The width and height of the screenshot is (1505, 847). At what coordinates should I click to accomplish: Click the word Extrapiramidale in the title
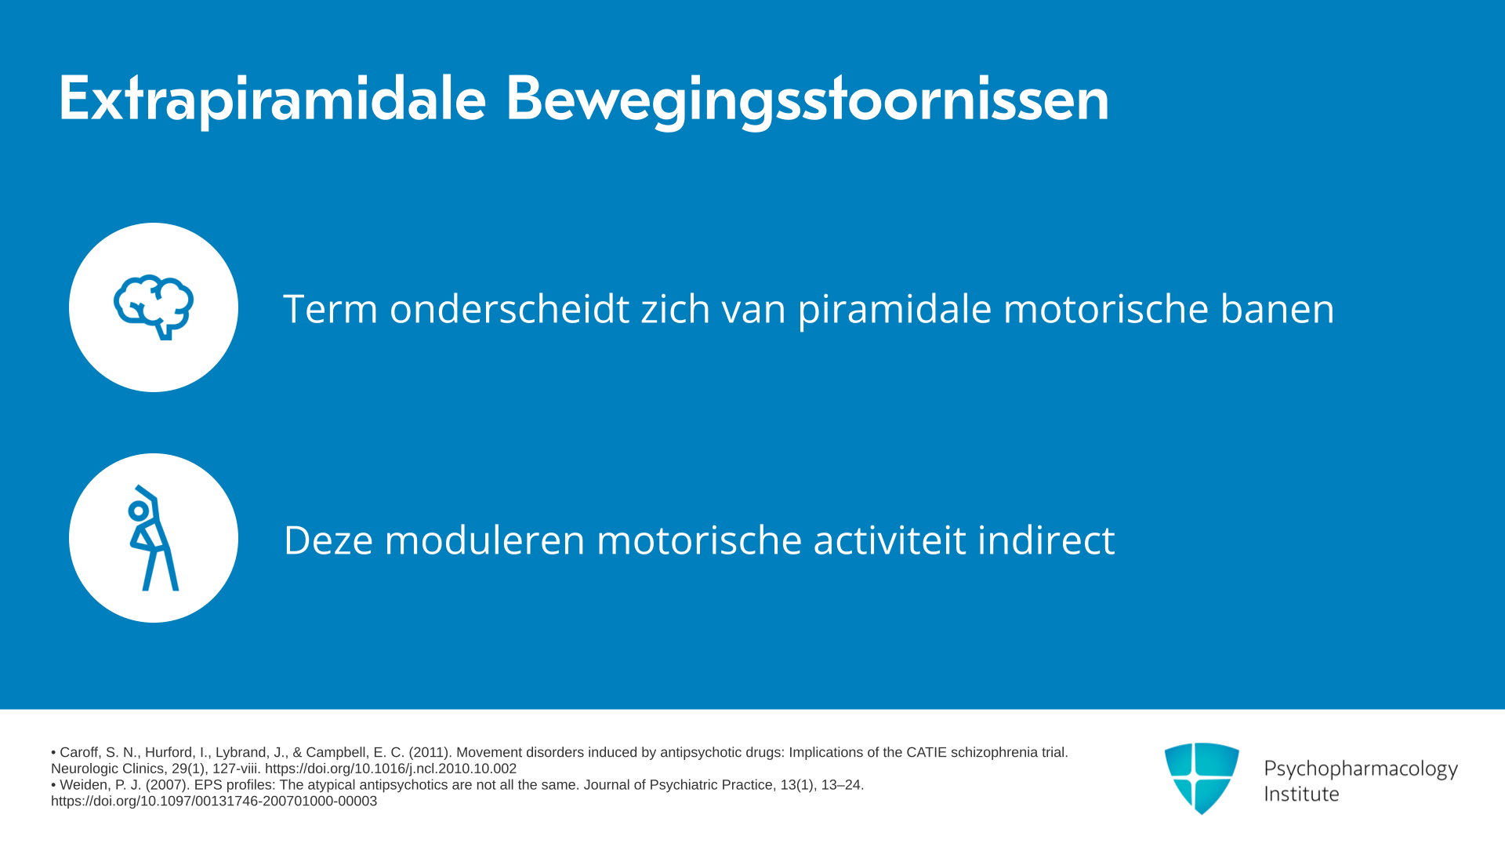(272, 100)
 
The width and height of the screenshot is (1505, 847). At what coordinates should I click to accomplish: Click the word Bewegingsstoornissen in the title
(807, 100)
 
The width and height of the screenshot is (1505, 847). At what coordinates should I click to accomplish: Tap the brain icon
(154, 307)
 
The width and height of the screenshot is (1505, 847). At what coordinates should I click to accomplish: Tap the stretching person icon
(154, 538)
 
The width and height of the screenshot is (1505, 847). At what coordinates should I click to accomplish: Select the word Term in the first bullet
(331, 308)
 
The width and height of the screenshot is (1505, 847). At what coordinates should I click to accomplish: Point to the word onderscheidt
(510, 308)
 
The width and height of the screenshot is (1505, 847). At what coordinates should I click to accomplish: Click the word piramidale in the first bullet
(894, 309)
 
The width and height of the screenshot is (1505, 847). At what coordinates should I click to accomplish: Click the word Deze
(328, 540)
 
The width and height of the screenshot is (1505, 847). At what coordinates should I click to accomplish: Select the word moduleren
(484, 540)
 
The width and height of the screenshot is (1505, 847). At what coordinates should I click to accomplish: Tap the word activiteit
(890, 540)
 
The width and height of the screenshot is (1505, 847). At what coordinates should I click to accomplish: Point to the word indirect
(1046, 540)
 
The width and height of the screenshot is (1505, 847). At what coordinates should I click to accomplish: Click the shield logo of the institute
(1202, 778)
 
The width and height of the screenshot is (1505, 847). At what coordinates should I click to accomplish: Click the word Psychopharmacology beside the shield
(1361, 769)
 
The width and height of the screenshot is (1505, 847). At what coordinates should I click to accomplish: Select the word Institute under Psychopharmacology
(1301, 794)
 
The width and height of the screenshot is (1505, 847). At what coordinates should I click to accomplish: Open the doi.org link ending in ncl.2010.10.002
(390, 769)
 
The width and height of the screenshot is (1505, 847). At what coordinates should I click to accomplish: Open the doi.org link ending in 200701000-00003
(214, 802)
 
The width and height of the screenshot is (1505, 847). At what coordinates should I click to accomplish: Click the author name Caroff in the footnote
(79, 753)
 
